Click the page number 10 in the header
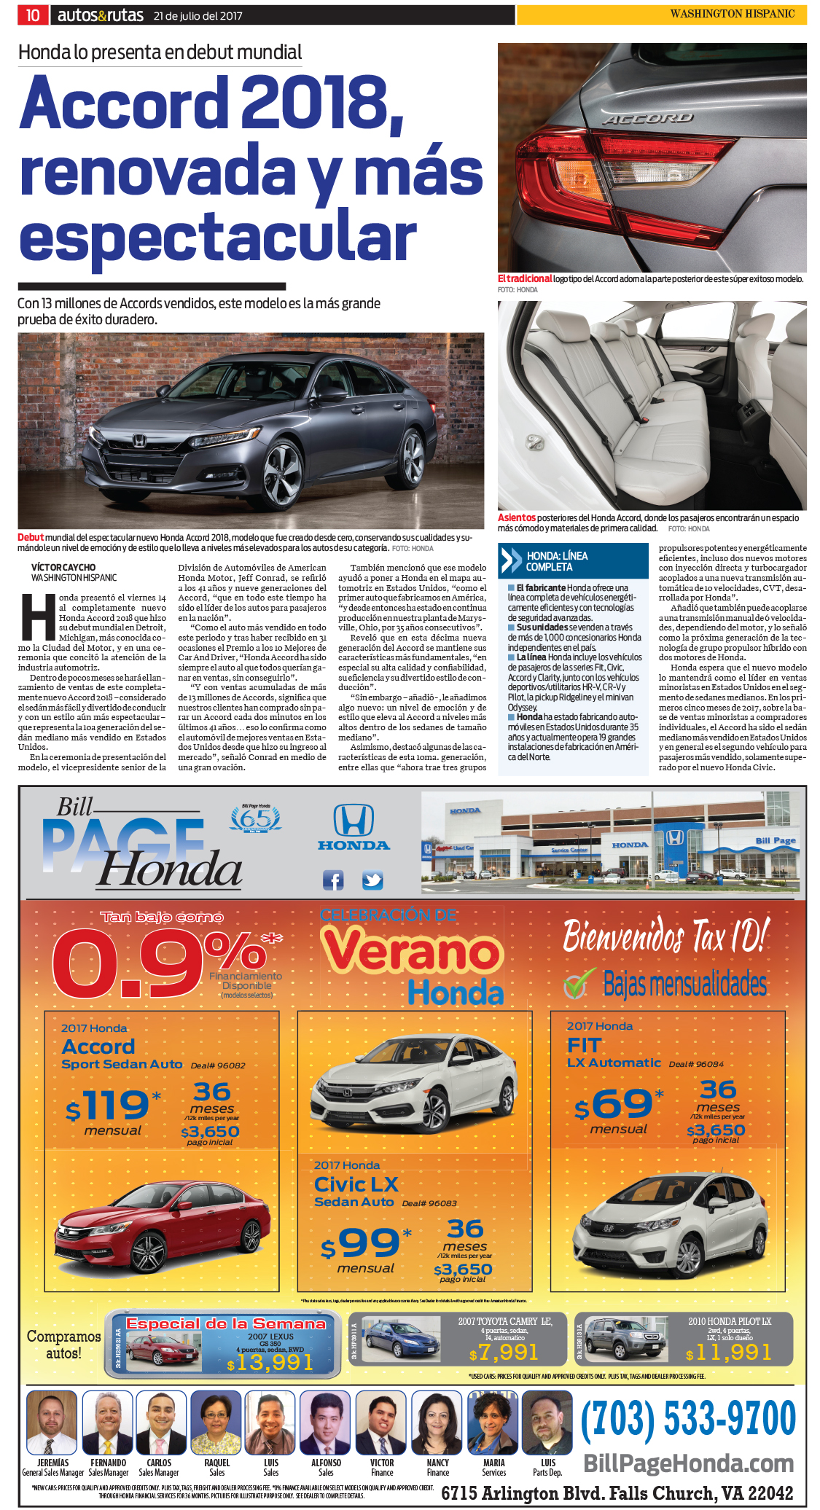(33, 15)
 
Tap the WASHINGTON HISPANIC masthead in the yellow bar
(732, 14)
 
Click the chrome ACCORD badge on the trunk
(647, 119)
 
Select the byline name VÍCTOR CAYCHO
(63, 567)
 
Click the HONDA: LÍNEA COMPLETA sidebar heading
(557, 561)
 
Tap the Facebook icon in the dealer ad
(333, 880)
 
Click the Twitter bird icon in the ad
(372, 880)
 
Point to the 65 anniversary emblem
(256, 820)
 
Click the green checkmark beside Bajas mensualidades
(576, 985)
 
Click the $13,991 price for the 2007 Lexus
(270, 1363)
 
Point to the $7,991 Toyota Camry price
(504, 1353)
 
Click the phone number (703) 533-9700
(687, 1419)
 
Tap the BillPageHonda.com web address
(688, 1463)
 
